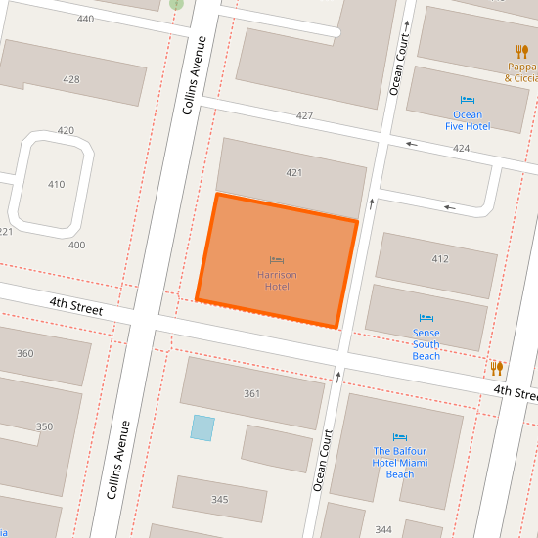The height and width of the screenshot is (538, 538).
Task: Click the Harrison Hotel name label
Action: point(277,281)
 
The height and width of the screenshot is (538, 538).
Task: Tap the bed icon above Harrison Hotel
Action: point(277,260)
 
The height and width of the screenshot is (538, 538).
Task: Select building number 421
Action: point(293,173)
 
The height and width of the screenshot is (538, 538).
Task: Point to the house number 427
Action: point(304,116)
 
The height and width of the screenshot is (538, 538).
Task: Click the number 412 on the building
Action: point(440,259)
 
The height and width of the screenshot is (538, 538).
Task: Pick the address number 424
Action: point(461,149)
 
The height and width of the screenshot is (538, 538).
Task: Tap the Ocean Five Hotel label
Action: point(467,120)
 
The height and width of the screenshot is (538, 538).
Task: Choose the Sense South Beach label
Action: point(426,344)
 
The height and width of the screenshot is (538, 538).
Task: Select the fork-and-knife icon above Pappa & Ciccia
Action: point(521,51)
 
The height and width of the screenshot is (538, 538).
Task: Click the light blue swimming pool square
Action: point(202,427)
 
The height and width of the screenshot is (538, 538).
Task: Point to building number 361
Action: point(251,394)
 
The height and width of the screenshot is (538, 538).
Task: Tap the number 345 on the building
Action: point(219,500)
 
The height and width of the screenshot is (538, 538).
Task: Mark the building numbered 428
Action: point(70,80)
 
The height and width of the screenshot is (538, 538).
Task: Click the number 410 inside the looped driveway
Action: point(56,185)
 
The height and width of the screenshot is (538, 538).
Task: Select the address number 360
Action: point(24,354)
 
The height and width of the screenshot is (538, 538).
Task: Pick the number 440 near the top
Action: point(85,20)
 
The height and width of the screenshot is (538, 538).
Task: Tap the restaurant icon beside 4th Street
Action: point(497,368)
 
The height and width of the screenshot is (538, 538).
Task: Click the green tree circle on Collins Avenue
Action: point(176,3)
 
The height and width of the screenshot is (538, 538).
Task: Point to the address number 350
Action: point(44,427)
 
